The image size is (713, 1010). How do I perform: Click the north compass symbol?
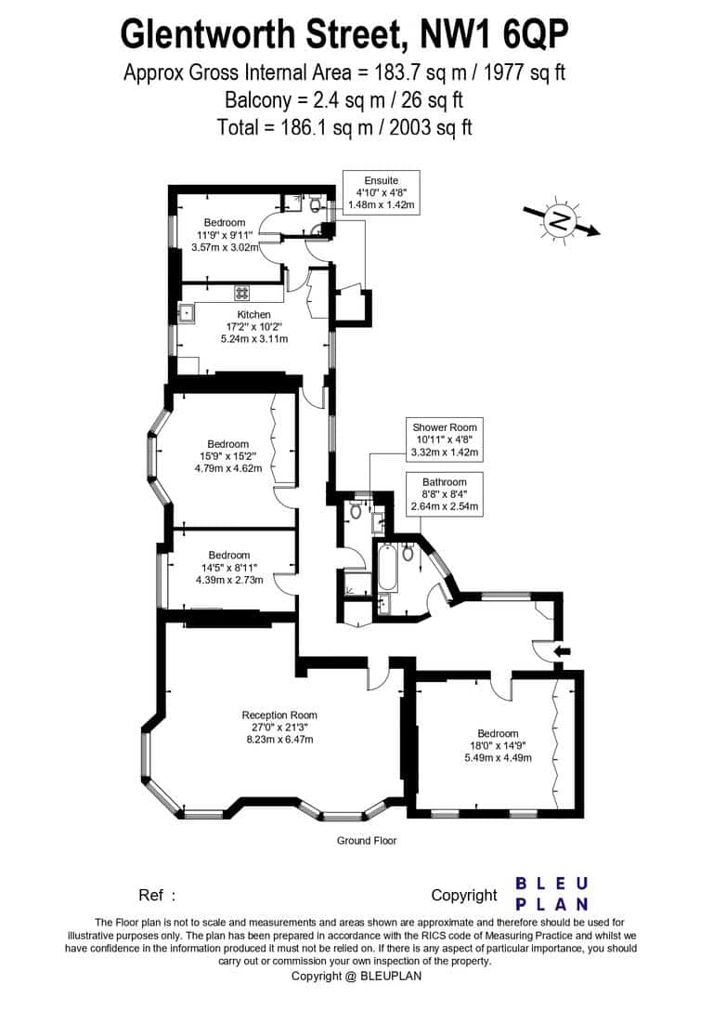[x=561, y=220]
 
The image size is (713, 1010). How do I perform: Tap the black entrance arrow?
[x=562, y=651]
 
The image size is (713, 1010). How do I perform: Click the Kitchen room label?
[x=254, y=326]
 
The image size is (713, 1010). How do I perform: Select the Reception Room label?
[x=280, y=728]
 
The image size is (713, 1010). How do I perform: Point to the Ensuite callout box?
[x=382, y=192]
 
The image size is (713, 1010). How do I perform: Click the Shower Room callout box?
[x=445, y=439]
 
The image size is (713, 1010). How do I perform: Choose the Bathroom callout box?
[x=445, y=494]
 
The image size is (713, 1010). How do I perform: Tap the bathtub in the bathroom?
[x=388, y=568]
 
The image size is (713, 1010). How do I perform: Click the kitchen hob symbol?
[x=242, y=293]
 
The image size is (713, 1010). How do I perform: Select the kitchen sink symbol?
[x=188, y=313]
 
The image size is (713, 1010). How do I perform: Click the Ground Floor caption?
[x=367, y=841]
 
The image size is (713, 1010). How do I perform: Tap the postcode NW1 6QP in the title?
[x=494, y=34]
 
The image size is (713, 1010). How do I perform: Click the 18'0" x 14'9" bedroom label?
[x=498, y=745]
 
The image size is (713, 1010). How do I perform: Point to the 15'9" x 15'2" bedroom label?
[x=228, y=456]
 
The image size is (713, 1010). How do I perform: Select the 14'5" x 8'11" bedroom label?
[x=229, y=567]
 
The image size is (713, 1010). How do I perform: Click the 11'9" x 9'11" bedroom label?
[x=225, y=234]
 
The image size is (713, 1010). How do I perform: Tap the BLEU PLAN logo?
[x=552, y=894]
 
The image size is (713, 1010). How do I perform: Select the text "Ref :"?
[x=157, y=895]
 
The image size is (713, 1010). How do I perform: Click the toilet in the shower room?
[x=356, y=511]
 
